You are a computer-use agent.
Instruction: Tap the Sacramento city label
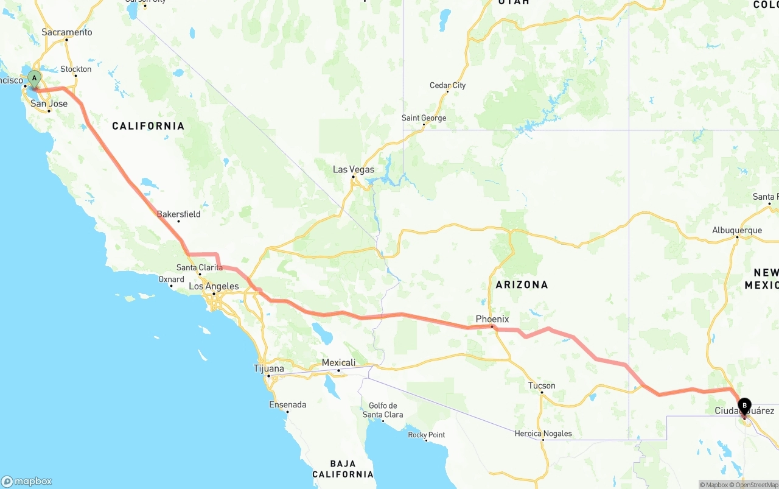[67, 32]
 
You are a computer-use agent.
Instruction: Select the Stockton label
[76, 69]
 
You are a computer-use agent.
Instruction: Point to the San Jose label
[49, 104]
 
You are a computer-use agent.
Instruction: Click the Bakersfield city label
[178, 214]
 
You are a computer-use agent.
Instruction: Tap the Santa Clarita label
[200, 267]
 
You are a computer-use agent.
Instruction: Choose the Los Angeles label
[214, 286]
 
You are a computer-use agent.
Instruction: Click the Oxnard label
[171, 280]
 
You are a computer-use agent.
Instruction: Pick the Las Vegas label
[354, 170]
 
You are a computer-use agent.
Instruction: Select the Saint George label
[424, 118]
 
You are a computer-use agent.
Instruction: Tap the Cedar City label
[447, 85]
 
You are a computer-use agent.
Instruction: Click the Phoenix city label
[492, 319]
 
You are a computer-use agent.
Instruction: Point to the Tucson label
[542, 385]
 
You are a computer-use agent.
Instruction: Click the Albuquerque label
[737, 230]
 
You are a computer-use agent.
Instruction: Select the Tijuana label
[268, 368]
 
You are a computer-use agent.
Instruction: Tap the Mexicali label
[338, 363]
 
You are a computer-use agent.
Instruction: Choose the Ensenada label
[288, 405]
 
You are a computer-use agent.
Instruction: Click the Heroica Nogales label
[543, 434]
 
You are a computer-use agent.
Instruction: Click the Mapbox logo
[27, 481]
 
